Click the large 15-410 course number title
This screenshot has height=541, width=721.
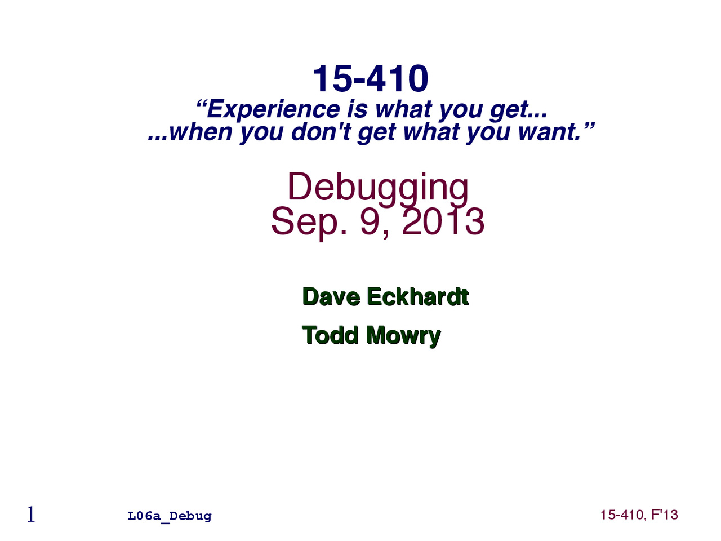point(370,78)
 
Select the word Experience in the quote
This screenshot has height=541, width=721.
point(273,109)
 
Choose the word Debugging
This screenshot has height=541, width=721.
point(377,187)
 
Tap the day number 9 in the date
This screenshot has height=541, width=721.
point(370,221)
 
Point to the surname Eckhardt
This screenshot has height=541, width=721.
point(417,297)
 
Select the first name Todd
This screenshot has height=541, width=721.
point(330,335)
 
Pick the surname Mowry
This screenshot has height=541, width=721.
point(403,336)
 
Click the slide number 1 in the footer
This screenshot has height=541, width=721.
point(31,515)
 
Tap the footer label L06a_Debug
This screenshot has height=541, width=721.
point(170,516)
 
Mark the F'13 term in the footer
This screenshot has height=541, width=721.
point(665,515)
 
